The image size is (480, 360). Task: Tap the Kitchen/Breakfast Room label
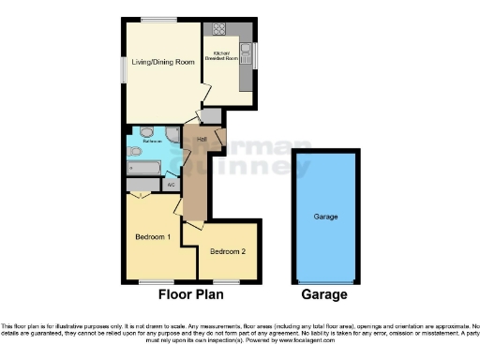pyautogui.click(x=225, y=56)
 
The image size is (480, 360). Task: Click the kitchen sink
pyautogui.click(x=246, y=52)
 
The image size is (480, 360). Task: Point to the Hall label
pyautogui.click(x=202, y=139)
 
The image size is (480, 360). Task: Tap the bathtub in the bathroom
pyautogui.click(x=146, y=169)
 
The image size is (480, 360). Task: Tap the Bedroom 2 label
pyautogui.click(x=228, y=251)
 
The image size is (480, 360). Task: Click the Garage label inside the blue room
pyautogui.click(x=325, y=217)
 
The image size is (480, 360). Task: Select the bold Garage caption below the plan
pyautogui.click(x=324, y=294)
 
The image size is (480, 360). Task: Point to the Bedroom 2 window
pyautogui.click(x=226, y=281)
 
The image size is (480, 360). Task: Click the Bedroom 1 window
pyautogui.click(x=153, y=281)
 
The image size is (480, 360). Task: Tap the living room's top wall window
pyautogui.click(x=159, y=20)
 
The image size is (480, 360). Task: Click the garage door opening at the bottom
pyautogui.click(x=325, y=281)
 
